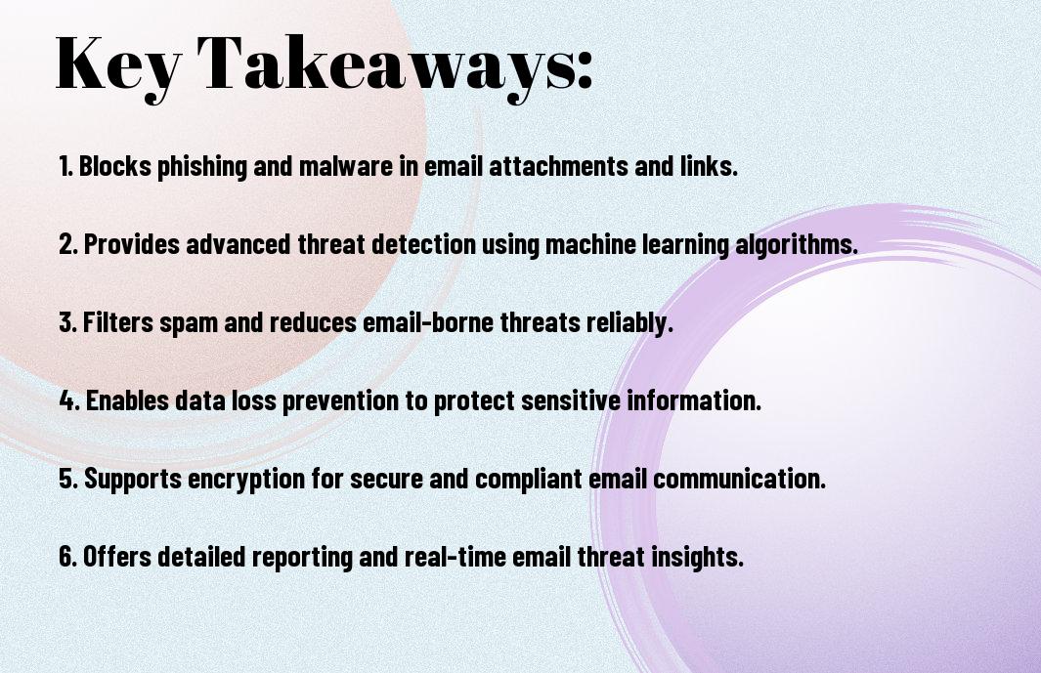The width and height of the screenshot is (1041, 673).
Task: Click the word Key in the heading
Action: (118, 65)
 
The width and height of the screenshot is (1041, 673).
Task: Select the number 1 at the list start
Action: (65, 166)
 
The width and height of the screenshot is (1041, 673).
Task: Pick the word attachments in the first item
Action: (559, 166)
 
